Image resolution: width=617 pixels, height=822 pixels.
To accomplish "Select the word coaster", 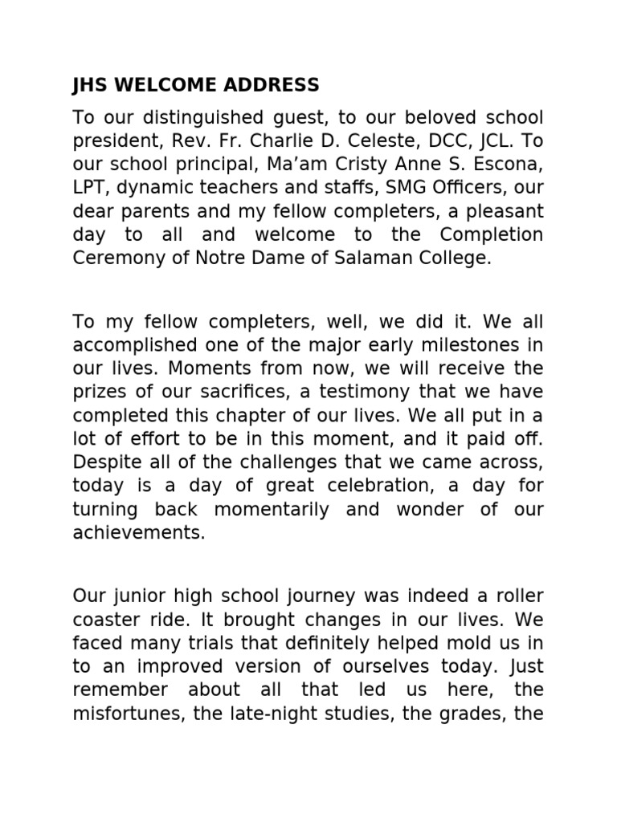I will pos(106,620).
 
